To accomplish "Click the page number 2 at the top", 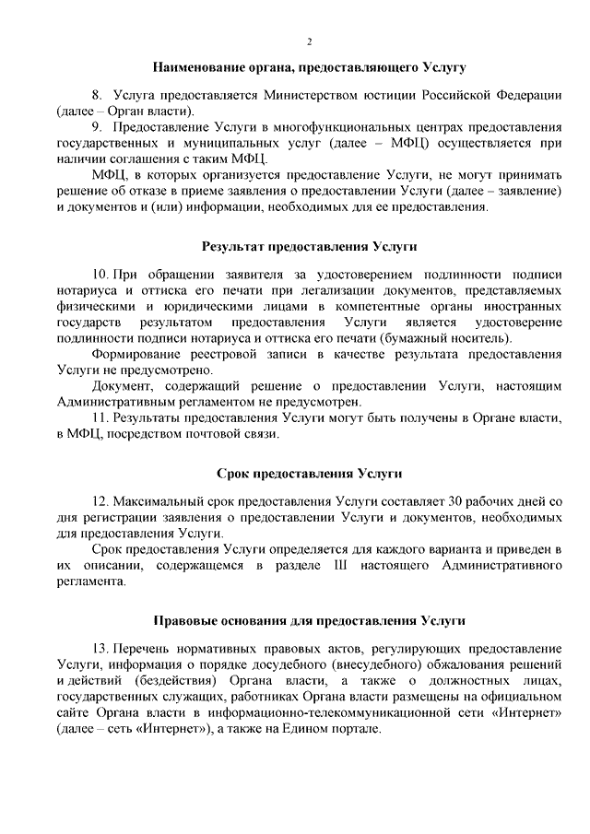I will pyautogui.click(x=309, y=41).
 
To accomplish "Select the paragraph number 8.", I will pyautogui.click(x=96, y=96).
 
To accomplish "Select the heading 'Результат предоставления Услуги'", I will pyautogui.click(x=310, y=246).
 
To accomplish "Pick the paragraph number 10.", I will pyautogui.click(x=100, y=275).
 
